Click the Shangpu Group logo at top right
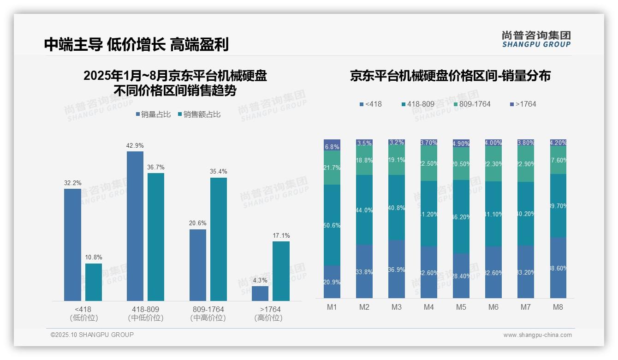point(536,39)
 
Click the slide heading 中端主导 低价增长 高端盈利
point(137,44)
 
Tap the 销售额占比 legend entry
point(199,114)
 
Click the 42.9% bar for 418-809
point(135,226)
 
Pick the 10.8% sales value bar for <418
point(94,282)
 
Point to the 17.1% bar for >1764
point(281,271)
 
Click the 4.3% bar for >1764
point(260,294)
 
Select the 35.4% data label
point(218,172)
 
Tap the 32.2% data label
point(72,183)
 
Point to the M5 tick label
point(461,307)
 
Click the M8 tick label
point(558,307)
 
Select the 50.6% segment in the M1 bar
point(332,225)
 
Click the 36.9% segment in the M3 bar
point(397,269)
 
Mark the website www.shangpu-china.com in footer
point(537,335)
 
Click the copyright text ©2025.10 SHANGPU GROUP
point(92,335)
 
